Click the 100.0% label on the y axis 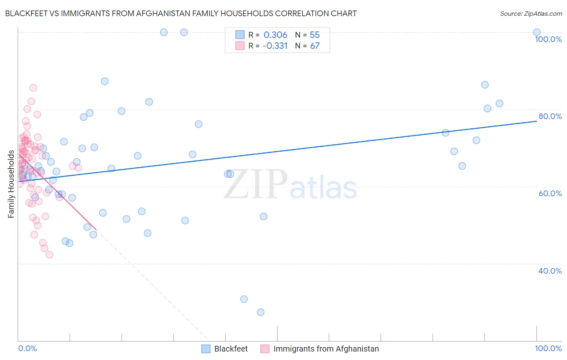tap(548, 39)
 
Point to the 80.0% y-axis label tap(550, 116)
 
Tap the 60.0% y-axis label tap(550, 193)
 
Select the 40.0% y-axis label tap(550, 271)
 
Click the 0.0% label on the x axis tap(27, 348)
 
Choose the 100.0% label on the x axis tap(548, 348)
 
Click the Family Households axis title tap(11, 184)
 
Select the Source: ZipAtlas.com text tap(531, 13)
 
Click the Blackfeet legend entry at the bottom tap(231, 349)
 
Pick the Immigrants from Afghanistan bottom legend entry tap(326, 349)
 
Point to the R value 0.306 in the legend tap(275, 35)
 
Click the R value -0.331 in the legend tap(275, 46)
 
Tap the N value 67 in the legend tap(315, 46)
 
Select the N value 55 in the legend tap(315, 35)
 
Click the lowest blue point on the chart tap(261, 312)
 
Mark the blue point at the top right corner tap(537, 32)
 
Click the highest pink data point tap(33, 88)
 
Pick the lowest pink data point tap(49, 255)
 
